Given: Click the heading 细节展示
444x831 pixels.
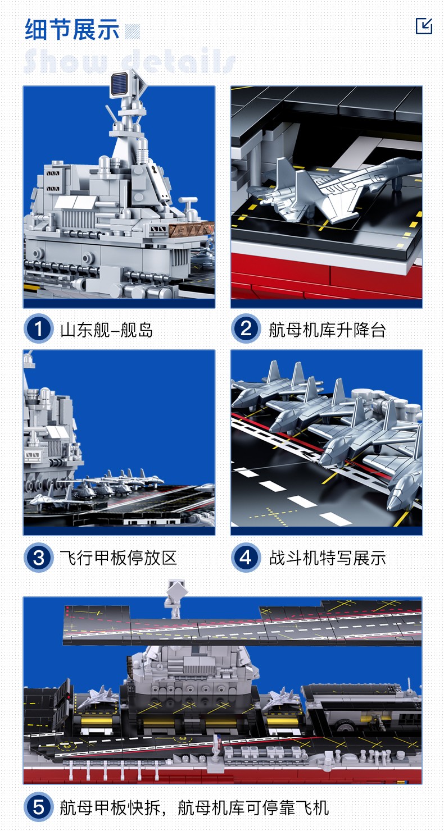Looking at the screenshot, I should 72,29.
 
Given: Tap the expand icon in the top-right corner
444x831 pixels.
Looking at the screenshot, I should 424,26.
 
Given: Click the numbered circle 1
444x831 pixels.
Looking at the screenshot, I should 38,329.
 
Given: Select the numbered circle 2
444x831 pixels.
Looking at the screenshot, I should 246,329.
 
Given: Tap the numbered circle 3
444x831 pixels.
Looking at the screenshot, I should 38,558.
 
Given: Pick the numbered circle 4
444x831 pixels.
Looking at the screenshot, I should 246,558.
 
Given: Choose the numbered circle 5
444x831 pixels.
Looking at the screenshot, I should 38,808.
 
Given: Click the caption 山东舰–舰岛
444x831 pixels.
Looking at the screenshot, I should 107,330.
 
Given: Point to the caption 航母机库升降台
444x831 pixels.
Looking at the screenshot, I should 327,330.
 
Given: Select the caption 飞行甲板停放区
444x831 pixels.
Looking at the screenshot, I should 119,558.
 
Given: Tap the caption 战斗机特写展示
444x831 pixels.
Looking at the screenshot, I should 327,558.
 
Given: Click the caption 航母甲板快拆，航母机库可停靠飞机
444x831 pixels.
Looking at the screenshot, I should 194,809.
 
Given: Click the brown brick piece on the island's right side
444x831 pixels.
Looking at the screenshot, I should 192,230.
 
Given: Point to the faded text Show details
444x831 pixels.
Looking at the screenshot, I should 129,61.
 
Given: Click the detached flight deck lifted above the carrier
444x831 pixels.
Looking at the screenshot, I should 242,623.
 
